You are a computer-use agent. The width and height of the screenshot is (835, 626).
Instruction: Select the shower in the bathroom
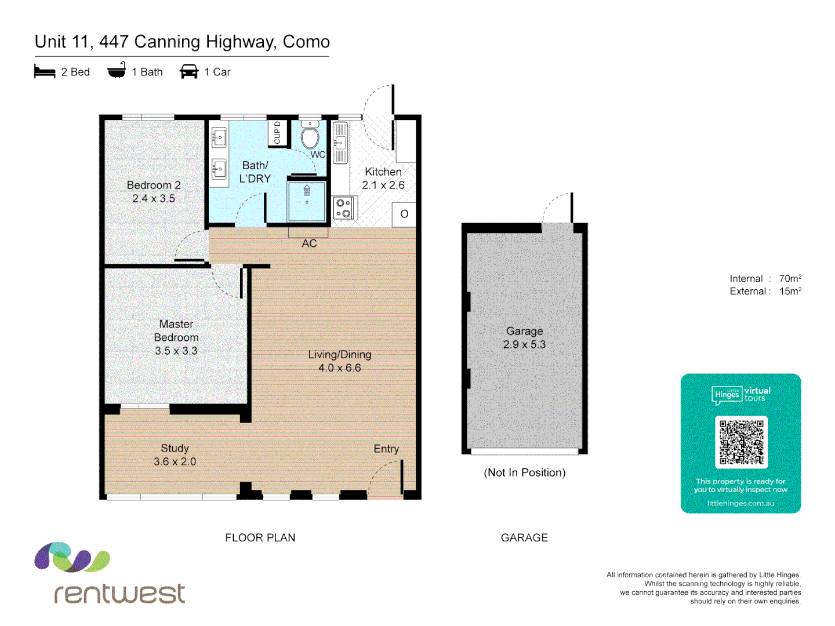tap(307, 201)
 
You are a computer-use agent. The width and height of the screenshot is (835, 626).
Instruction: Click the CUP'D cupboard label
tap(277, 133)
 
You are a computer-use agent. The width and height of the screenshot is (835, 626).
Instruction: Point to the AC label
tap(309, 243)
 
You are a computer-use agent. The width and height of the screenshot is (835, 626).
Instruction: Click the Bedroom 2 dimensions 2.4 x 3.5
tap(154, 199)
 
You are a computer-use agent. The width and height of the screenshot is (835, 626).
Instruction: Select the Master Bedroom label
tap(176, 330)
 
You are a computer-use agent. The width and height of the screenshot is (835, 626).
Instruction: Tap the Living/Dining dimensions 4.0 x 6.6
tap(339, 368)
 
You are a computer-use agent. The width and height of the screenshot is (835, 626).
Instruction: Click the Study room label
tap(175, 448)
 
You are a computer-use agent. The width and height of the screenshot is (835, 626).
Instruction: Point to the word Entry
tap(386, 449)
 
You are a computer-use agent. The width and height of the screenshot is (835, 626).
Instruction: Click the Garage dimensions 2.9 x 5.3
tap(524, 344)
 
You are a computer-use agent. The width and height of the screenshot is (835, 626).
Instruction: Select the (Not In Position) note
tap(524, 472)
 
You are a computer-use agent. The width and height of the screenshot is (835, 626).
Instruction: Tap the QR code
tap(741, 442)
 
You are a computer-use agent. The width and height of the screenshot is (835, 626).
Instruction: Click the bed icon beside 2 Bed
tap(45, 72)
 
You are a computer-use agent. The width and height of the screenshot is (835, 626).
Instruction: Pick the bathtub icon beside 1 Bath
tap(117, 71)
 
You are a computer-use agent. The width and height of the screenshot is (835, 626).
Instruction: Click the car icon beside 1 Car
tap(189, 71)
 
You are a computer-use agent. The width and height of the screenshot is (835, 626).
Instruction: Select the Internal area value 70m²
tap(790, 279)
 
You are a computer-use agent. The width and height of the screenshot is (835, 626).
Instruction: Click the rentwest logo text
tap(119, 594)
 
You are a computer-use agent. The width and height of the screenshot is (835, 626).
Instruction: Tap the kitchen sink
tap(340, 143)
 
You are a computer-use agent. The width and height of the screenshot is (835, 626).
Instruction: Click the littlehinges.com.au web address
tap(740, 503)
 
